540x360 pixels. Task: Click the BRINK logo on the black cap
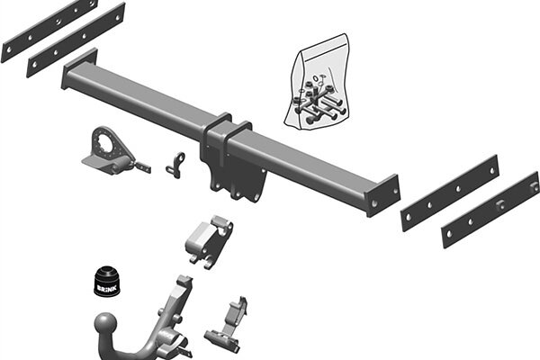point(107,288)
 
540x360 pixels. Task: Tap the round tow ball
point(106,325)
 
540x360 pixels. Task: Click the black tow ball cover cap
point(107,282)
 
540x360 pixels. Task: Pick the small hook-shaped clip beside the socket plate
point(175,165)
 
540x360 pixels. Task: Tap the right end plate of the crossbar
point(382,195)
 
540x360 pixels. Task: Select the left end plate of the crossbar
point(78,68)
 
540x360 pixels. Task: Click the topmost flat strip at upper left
point(49,31)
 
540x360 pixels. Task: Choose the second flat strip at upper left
point(76,40)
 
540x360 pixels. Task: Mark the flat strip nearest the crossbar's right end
point(450,193)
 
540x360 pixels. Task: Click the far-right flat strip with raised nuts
point(490,210)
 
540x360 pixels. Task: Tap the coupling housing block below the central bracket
point(210,241)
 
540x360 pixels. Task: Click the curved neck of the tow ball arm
point(138,351)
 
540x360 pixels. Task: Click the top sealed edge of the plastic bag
point(321,44)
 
